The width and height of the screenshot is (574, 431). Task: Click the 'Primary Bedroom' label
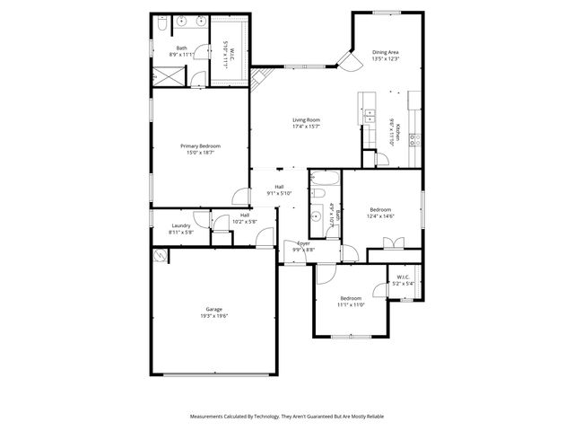(x=200, y=145)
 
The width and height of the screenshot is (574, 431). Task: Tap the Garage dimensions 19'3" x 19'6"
(x=213, y=316)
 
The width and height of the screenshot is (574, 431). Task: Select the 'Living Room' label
(x=306, y=119)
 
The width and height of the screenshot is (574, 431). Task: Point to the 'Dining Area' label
(x=386, y=52)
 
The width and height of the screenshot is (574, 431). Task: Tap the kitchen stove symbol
(x=414, y=139)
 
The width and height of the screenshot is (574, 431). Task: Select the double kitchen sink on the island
(x=369, y=114)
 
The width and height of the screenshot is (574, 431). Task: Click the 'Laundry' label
(x=180, y=225)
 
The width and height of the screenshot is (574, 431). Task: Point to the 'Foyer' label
(x=304, y=243)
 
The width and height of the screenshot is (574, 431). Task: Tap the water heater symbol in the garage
(x=160, y=255)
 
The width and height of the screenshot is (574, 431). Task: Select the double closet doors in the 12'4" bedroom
(x=391, y=242)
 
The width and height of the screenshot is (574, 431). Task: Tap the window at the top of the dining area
(x=387, y=12)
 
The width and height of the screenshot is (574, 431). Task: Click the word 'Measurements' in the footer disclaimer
(x=207, y=417)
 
